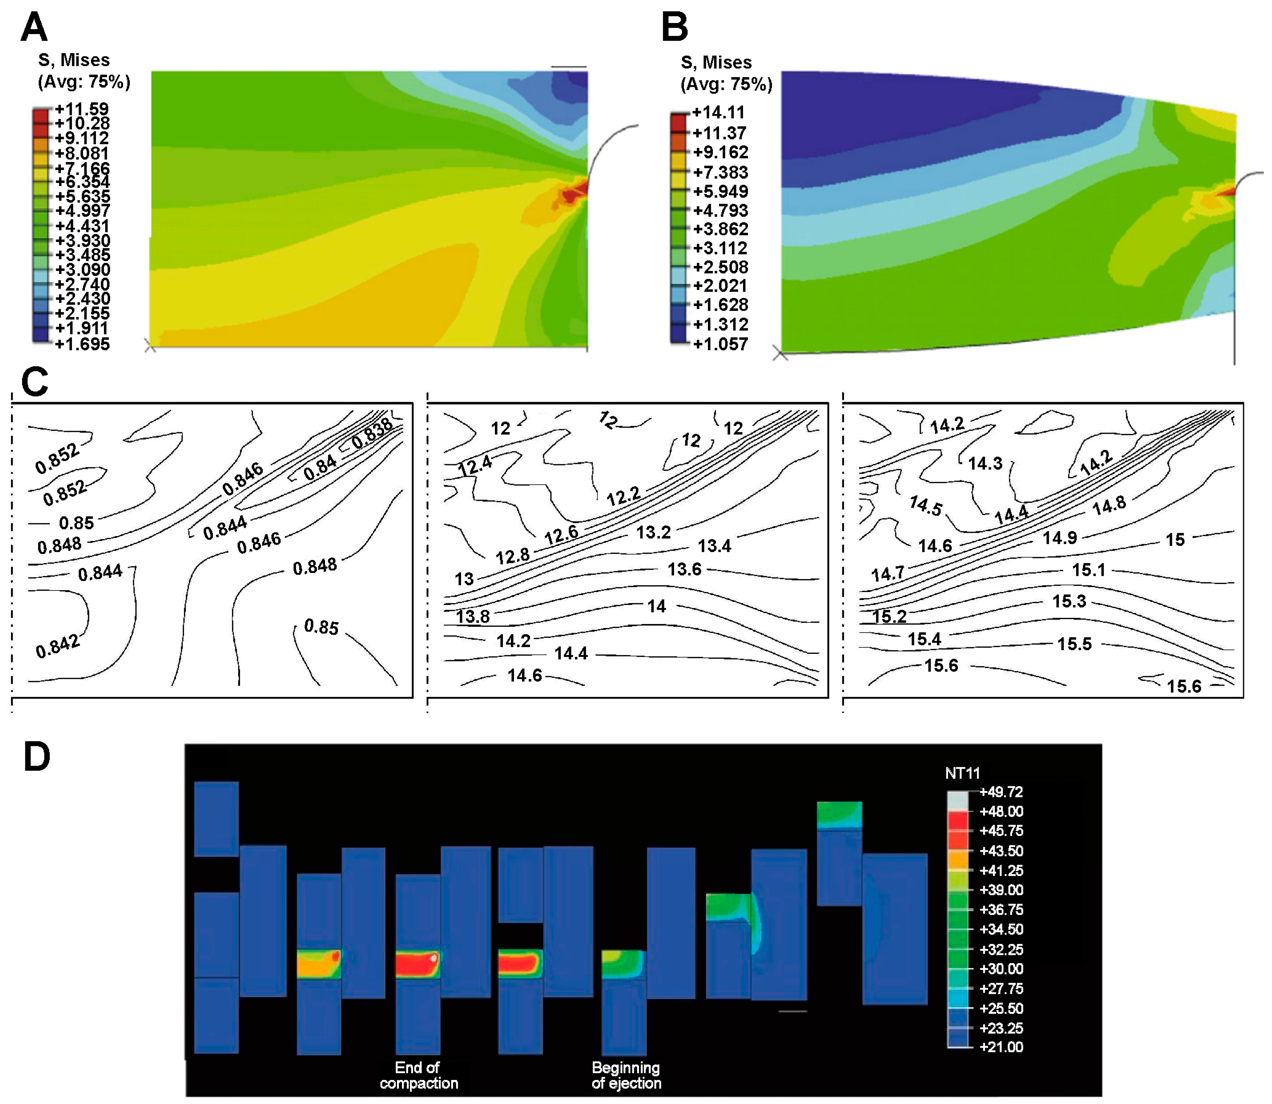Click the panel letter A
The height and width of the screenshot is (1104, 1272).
34,28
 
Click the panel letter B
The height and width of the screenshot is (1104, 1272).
675,28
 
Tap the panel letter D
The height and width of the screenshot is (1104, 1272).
37,756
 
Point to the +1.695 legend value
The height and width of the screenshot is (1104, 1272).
82,344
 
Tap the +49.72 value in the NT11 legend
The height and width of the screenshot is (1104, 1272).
1001,792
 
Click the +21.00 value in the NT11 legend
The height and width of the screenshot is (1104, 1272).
1001,1047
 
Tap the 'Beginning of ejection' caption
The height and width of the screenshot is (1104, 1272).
626,1075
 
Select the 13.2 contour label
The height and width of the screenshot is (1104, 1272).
653,532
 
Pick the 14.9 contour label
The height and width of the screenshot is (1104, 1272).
1059,538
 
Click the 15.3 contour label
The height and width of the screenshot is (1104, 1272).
1069,601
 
